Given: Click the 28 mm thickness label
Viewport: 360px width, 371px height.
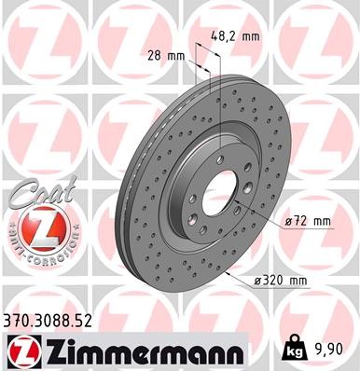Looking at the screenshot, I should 167,55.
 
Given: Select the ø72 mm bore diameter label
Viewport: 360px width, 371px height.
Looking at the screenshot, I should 309,221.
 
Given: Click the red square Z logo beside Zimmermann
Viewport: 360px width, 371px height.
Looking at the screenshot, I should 19,351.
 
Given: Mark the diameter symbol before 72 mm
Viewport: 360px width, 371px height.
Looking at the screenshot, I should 288,222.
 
